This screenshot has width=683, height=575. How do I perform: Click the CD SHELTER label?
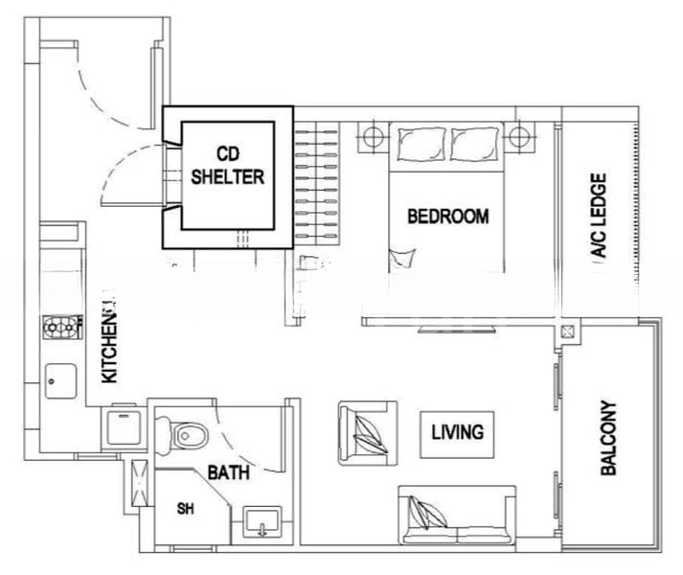(x=228, y=166)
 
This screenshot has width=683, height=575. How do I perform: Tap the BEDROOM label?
(x=447, y=217)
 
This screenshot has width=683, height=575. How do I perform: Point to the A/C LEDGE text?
(x=599, y=216)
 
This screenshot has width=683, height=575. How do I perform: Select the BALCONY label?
(x=608, y=438)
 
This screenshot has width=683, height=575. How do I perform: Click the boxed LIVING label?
(x=457, y=434)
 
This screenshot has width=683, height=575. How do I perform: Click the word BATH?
(x=228, y=472)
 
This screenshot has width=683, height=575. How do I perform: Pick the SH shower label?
(x=186, y=508)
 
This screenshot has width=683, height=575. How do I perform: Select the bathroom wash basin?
(x=262, y=522)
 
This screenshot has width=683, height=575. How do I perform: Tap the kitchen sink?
(x=60, y=381)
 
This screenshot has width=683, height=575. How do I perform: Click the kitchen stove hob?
(x=62, y=327)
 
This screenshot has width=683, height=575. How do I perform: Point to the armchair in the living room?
(x=368, y=433)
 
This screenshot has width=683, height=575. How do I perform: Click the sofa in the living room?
(x=457, y=516)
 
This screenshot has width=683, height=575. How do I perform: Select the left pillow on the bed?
(x=421, y=144)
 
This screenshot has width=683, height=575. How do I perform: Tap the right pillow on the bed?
(x=475, y=144)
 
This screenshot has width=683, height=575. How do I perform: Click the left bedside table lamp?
(x=374, y=137)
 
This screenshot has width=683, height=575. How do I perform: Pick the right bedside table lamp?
(x=519, y=137)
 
